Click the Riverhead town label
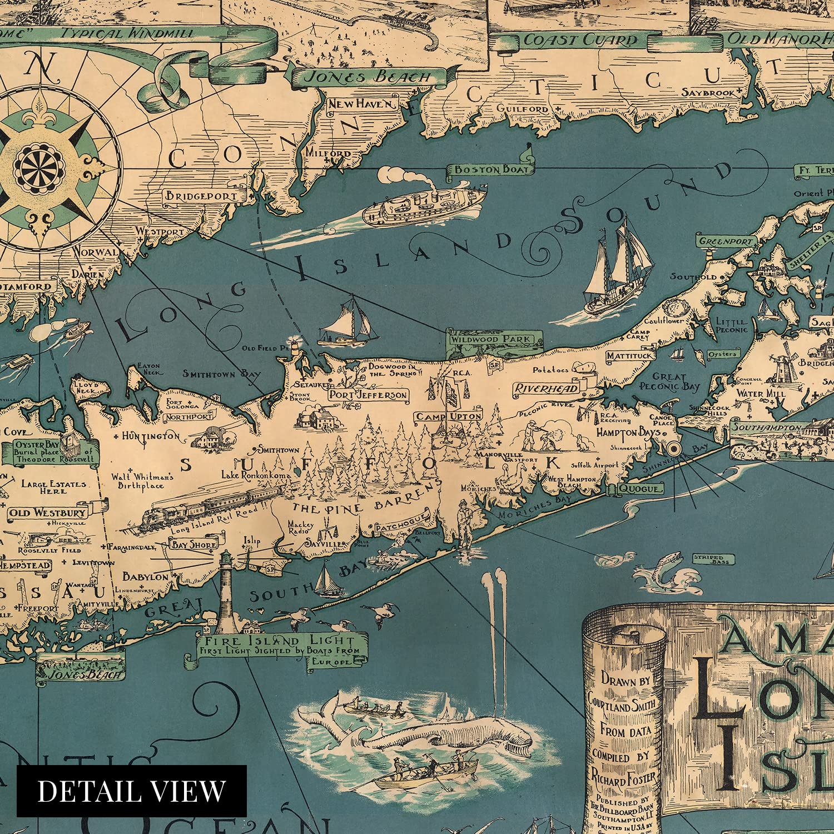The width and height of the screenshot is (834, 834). pos(546,388)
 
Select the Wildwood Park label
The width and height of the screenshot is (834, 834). pos(490,339)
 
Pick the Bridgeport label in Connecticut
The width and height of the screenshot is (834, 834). pos(201,196)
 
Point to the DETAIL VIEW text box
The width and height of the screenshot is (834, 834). pos(131,791)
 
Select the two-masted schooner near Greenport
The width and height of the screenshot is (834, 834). pos(617,267)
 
